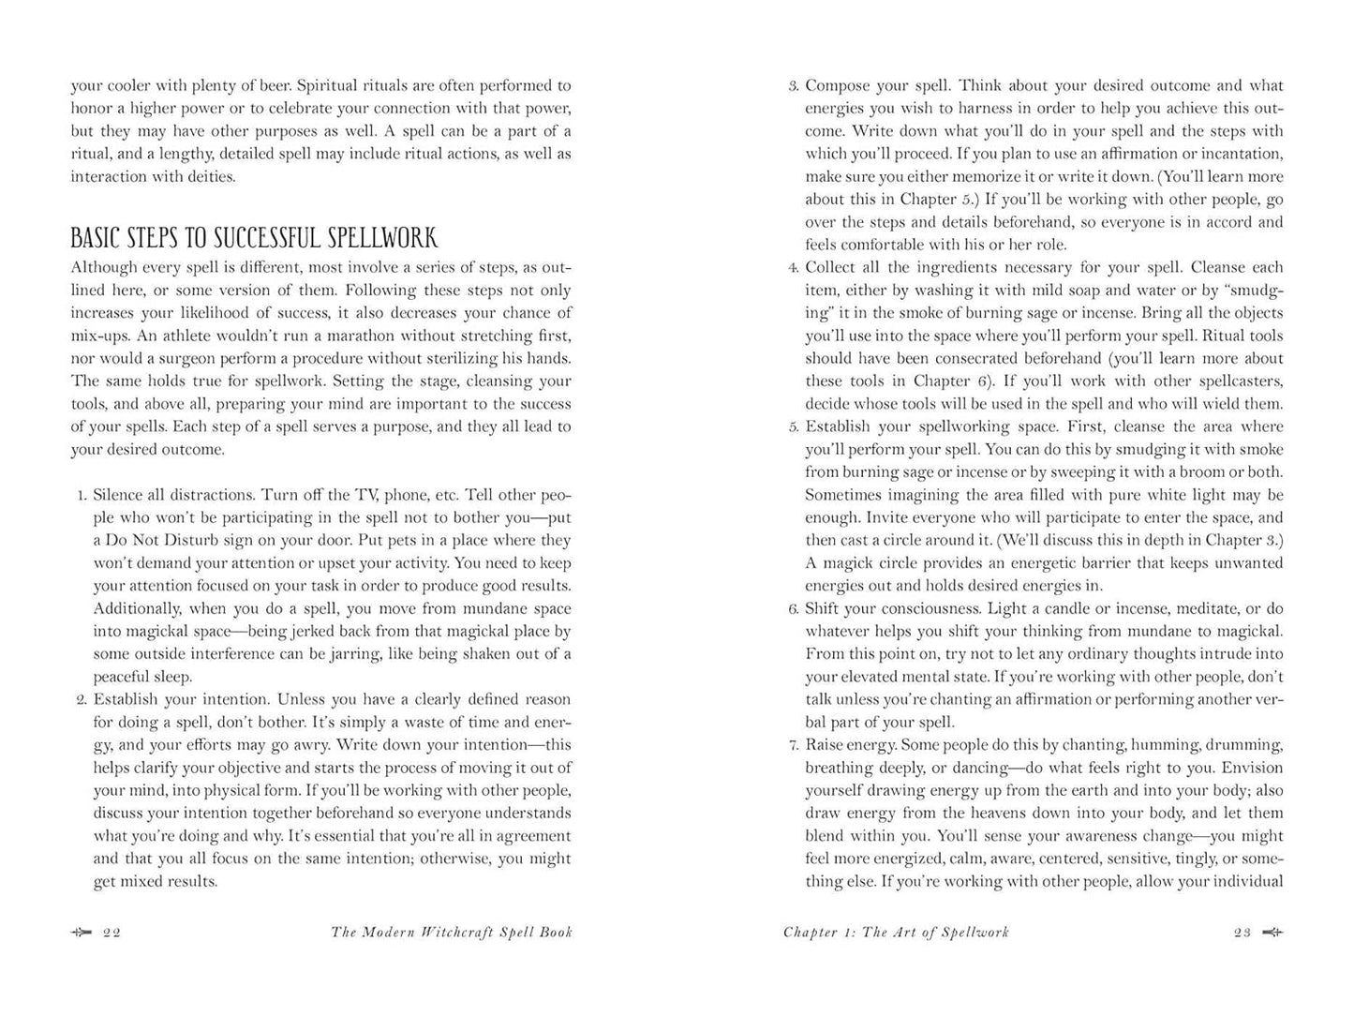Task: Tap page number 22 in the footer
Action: coord(112,933)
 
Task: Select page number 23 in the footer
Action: coord(1242,933)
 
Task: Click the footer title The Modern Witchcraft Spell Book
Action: coord(452,933)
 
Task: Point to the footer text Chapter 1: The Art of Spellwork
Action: coord(896,933)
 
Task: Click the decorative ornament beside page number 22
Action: coord(82,933)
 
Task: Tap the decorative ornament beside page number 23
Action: coord(1272,933)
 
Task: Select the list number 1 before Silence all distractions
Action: coord(82,496)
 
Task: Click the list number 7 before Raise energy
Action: coord(793,746)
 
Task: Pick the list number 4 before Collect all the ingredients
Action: coord(793,268)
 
